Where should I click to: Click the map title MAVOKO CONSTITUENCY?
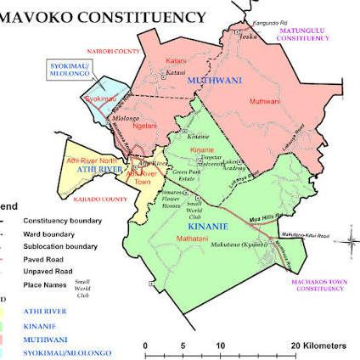[x=106, y=16]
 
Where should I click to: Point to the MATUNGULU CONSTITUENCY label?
[x=303, y=35]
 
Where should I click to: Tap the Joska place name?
[x=247, y=37]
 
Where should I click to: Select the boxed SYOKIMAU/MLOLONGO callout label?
[x=70, y=70]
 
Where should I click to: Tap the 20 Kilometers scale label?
[x=318, y=346]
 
